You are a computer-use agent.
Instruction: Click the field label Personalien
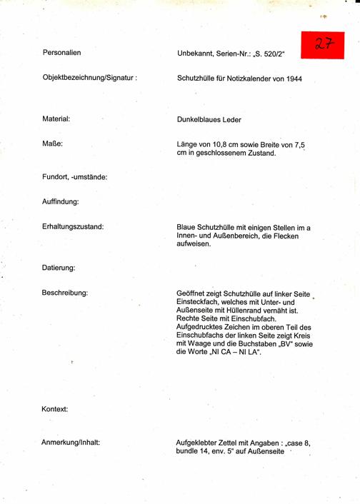pos(61,54)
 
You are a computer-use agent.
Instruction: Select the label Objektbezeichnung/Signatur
pos(89,77)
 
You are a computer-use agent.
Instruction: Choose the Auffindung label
pos(61,202)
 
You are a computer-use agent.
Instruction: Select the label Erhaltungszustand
pos(74,227)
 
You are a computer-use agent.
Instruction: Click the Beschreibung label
pos(65,293)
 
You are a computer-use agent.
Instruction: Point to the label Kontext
pos(55,409)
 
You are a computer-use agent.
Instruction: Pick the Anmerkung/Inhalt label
pos(71,443)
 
